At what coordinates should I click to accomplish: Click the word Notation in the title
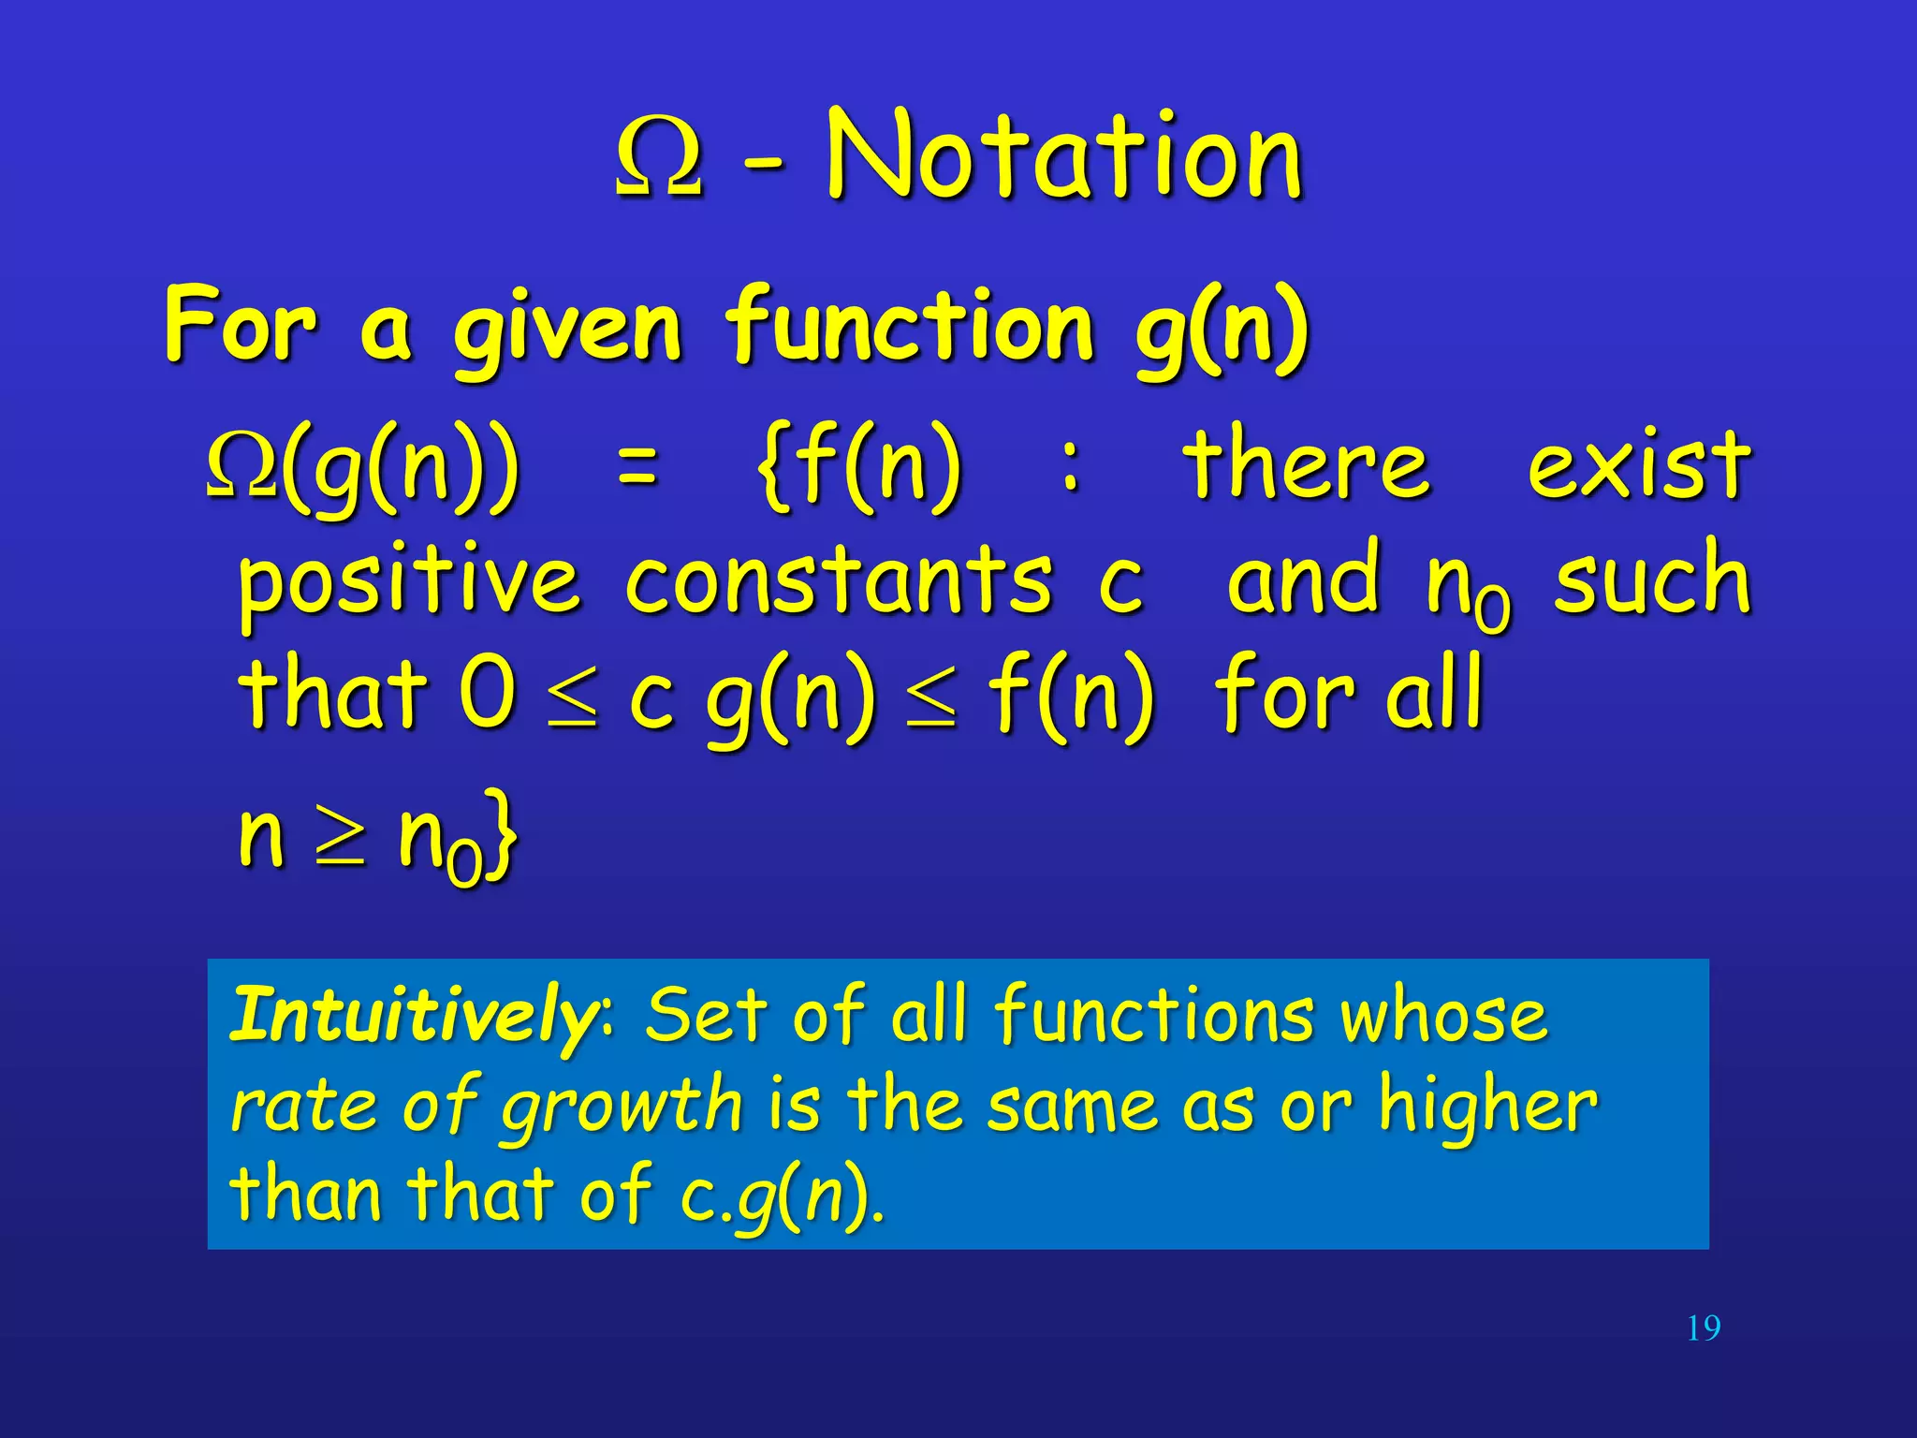click(x=1064, y=154)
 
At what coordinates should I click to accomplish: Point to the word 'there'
click(x=1306, y=463)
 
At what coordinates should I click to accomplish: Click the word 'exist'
click(x=1638, y=463)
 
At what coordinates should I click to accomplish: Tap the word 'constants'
click(x=838, y=580)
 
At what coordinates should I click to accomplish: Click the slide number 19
click(x=1703, y=1328)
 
